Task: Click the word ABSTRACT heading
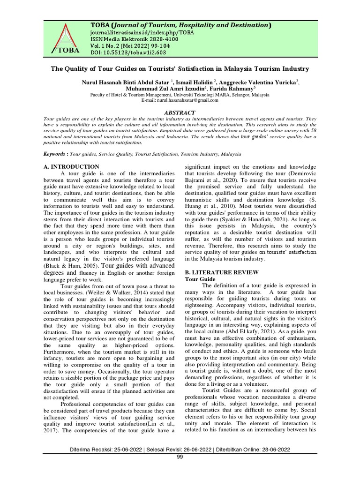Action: coord(180,112)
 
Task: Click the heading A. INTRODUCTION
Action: coord(71,166)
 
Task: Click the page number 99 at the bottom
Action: coord(180,457)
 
